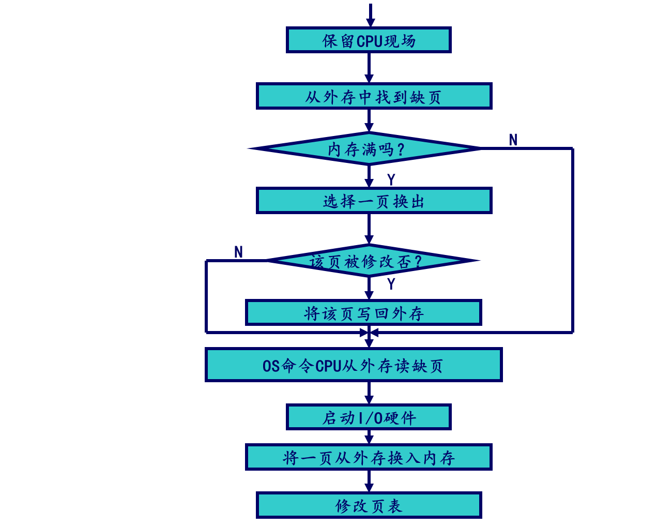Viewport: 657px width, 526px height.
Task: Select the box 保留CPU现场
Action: click(369, 40)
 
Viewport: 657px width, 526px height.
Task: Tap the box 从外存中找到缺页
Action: click(374, 96)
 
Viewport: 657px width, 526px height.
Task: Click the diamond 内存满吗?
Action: click(366, 149)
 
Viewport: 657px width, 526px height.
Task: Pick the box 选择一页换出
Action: click(374, 201)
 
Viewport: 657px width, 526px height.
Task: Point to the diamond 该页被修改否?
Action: click(366, 261)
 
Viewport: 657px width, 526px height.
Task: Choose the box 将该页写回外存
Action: click(363, 312)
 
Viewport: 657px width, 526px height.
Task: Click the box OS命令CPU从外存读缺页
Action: click(354, 365)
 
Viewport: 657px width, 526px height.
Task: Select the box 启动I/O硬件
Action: click(369, 417)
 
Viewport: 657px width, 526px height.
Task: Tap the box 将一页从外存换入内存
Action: click(369, 457)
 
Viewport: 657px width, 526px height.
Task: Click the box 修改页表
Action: click(369, 505)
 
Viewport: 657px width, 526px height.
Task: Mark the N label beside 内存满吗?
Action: click(513, 140)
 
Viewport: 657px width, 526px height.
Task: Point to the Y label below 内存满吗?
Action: click(391, 180)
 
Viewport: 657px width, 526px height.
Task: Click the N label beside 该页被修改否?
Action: click(238, 252)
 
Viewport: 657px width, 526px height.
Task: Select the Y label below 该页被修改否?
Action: click(391, 284)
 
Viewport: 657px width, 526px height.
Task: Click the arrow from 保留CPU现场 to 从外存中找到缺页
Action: click(369, 68)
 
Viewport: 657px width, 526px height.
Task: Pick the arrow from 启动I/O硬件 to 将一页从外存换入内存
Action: click(369, 437)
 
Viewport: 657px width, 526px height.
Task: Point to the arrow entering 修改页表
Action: click(369, 481)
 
